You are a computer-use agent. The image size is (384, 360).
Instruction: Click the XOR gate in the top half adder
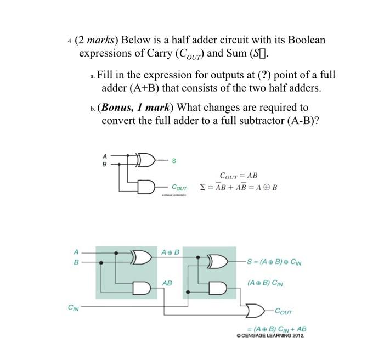click(x=146, y=159)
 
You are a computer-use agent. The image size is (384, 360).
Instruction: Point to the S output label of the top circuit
click(x=174, y=160)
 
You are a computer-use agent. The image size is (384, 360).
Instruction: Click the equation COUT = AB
click(x=238, y=176)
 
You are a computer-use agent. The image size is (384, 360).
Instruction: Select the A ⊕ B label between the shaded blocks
click(x=171, y=252)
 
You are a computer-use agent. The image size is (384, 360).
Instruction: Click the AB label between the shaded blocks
click(x=167, y=283)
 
